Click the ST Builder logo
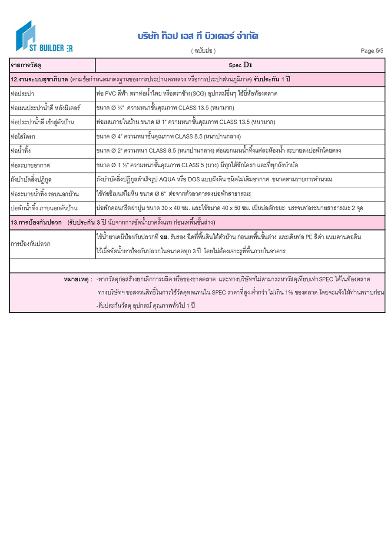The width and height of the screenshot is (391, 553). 43,36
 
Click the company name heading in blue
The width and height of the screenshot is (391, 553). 198,36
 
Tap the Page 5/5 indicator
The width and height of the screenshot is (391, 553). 372,51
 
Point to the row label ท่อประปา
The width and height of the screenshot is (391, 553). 22,94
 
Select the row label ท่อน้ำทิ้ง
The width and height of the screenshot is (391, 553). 22,151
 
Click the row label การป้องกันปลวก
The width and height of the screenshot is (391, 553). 30,244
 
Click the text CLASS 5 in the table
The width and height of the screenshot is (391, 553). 212,166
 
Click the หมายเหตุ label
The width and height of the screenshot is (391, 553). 78,279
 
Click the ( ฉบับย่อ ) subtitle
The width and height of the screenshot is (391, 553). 203,51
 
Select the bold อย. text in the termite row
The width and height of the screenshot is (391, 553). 164,237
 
